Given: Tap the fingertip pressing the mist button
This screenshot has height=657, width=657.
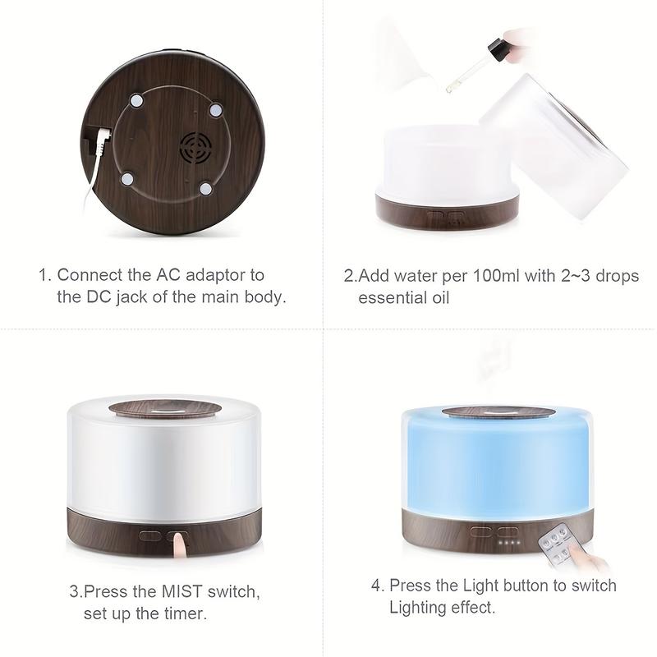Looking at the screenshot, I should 177,542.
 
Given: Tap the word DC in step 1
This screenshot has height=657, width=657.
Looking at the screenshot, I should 105,296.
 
